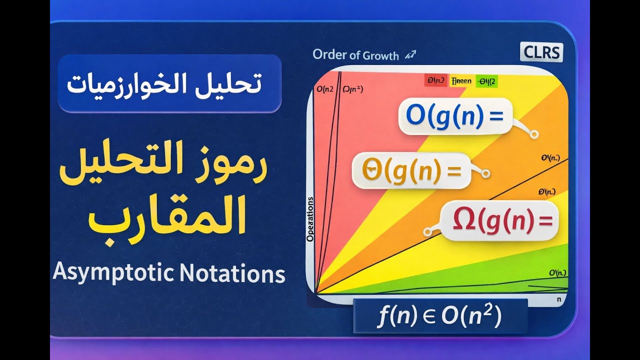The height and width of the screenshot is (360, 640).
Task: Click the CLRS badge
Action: click(x=541, y=52)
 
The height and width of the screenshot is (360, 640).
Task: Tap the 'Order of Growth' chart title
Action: click(x=355, y=55)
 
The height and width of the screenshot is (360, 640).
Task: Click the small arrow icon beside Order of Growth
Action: click(x=412, y=54)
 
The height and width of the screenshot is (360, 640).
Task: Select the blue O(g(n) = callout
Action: click(x=454, y=116)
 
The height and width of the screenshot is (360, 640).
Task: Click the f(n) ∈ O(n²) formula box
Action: click(x=440, y=316)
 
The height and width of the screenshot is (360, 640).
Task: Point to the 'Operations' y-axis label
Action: click(x=310, y=220)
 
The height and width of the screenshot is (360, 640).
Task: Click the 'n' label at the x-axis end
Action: click(x=559, y=299)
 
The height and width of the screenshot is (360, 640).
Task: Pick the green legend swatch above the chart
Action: click(x=486, y=80)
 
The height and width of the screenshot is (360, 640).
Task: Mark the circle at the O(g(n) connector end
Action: click(x=534, y=134)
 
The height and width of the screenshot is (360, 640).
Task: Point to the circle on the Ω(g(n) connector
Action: click(x=427, y=232)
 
